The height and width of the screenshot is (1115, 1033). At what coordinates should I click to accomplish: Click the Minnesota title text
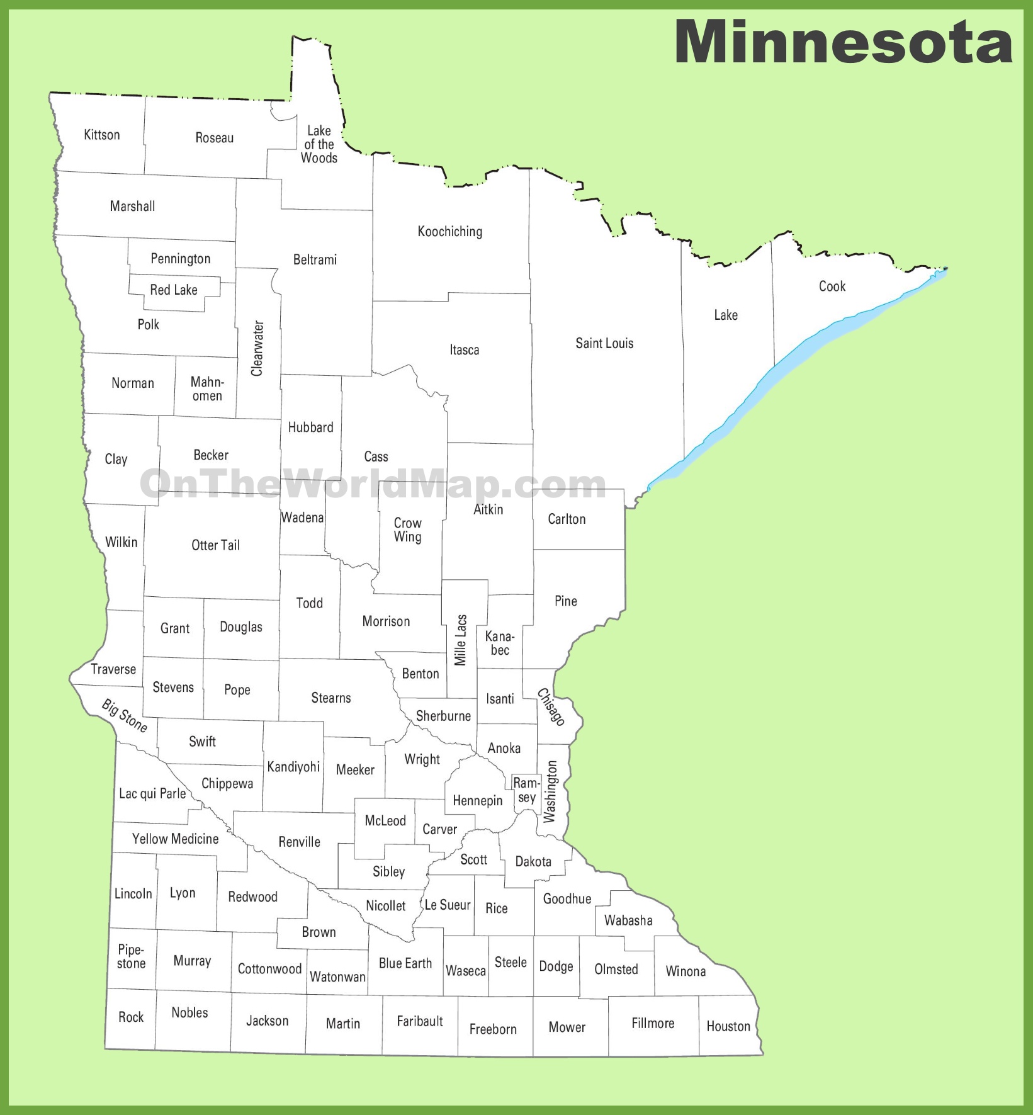(x=843, y=42)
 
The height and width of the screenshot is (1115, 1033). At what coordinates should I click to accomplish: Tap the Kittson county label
(x=102, y=135)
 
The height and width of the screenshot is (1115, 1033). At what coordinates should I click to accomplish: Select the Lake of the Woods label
(x=319, y=144)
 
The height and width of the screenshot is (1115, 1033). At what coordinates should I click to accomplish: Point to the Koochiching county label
(x=450, y=232)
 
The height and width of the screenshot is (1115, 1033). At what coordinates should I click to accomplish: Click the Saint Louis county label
(x=604, y=343)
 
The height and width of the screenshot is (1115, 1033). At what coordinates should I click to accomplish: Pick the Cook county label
(x=832, y=286)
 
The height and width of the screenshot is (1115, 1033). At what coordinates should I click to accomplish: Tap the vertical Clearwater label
(x=257, y=348)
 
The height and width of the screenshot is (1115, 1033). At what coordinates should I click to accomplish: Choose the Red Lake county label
(x=174, y=290)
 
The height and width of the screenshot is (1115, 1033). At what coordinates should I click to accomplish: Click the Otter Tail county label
(x=215, y=545)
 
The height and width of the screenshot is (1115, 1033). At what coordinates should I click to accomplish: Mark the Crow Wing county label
(x=408, y=530)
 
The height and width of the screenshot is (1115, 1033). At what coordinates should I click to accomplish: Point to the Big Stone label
(x=125, y=716)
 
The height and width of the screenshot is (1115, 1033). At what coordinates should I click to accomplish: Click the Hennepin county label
(x=478, y=801)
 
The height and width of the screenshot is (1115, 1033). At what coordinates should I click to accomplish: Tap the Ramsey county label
(x=526, y=790)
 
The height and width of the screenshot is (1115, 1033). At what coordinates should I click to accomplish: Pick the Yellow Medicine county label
(x=176, y=839)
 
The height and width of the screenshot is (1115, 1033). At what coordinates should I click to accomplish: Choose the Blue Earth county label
(x=405, y=963)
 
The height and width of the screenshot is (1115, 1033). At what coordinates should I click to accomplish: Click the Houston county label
(x=728, y=1026)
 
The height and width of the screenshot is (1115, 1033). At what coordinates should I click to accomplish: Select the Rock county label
(x=131, y=1017)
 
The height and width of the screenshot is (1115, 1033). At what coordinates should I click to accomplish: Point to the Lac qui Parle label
(x=152, y=793)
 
